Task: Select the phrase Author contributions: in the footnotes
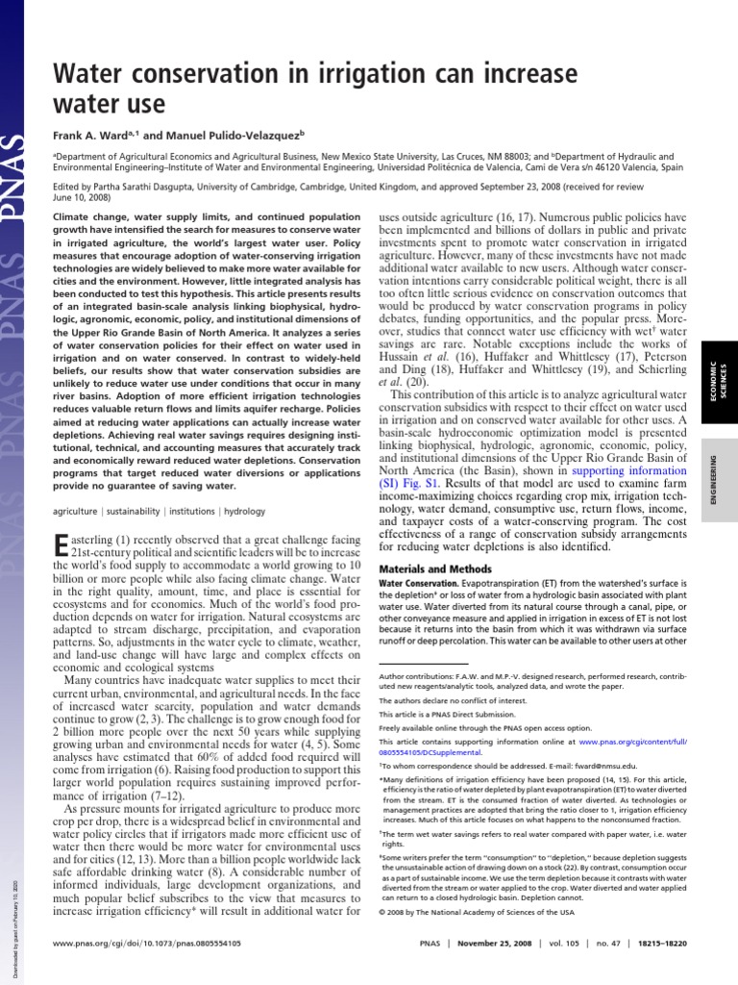(413, 677)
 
